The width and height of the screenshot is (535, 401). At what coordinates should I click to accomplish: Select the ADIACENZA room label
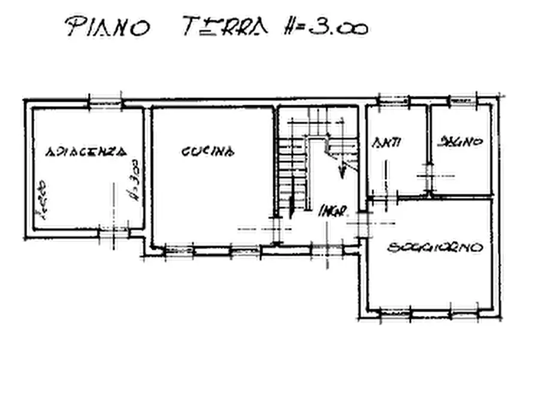[87, 151]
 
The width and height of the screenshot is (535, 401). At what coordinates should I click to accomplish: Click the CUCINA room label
[207, 151]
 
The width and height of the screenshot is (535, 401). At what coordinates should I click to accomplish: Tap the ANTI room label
[386, 142]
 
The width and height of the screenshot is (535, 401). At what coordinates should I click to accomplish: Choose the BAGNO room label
[461, 142]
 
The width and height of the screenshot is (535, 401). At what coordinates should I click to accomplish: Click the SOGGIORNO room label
[436, 247]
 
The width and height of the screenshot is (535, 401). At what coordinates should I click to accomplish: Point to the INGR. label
[331, 211]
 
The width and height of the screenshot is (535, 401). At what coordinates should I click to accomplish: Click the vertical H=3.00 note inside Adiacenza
[133, 178]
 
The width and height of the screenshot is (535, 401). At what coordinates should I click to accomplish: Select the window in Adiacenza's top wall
[105, 102]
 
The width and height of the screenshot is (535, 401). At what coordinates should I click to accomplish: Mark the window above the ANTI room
[394, 100]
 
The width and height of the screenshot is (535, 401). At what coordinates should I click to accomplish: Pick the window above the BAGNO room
[463, 100]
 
